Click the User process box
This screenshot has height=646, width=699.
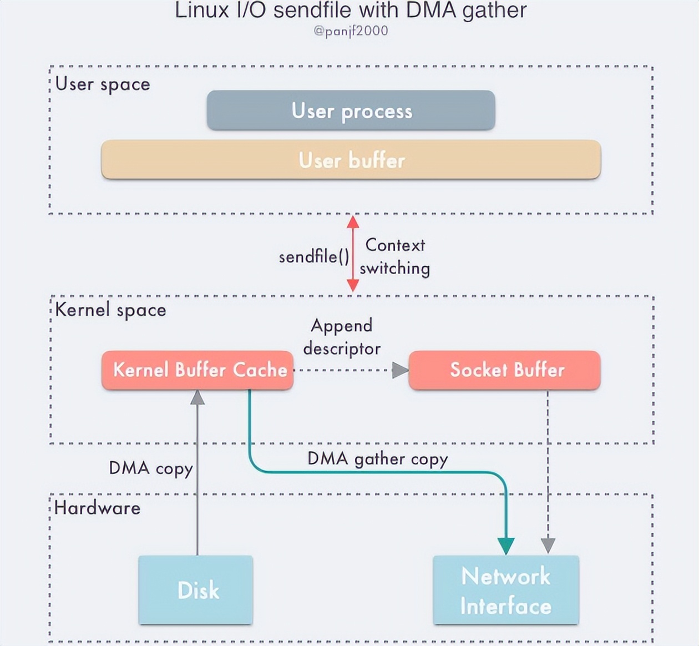click(351, 111)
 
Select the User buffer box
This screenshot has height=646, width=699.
click(351, 160)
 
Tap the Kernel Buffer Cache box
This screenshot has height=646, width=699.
click(197, 370)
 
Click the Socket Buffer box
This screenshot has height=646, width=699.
click(505, 370)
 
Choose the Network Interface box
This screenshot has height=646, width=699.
click(505, 591)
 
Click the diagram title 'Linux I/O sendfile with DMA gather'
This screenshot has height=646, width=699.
click(351, 10)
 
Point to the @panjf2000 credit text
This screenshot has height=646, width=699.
click(351, 31)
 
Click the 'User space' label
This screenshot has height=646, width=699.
click(103, 84)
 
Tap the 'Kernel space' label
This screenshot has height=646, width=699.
click(110, 310)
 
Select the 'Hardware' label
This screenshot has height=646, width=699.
click(98, 508)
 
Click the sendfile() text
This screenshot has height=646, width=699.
click(314, 256)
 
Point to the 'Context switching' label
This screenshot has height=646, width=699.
click(395, 256)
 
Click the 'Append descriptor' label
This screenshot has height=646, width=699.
click(342, 337)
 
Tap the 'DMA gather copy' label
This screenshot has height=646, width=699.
click(377, 459)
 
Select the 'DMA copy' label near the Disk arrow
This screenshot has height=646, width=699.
click(150, 468)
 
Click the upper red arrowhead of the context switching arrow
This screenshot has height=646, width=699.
click(353, 222)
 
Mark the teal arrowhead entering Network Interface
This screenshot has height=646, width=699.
click(505, 546)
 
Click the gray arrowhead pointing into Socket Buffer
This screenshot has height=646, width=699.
click(399, 370)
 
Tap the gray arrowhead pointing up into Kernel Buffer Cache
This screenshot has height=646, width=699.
click(197, 397)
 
